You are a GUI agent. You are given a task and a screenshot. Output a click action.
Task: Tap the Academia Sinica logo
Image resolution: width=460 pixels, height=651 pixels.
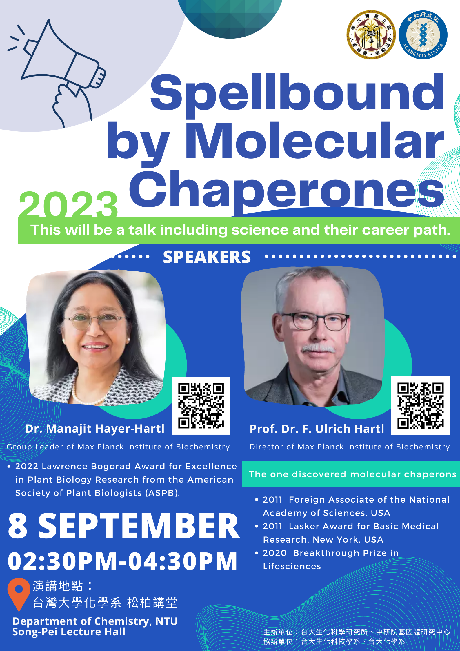click(423, 35)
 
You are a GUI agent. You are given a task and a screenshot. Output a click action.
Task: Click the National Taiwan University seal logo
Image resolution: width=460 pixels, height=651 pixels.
click(371, 35)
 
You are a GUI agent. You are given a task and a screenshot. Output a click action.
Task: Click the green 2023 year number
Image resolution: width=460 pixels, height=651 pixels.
click(68, 204)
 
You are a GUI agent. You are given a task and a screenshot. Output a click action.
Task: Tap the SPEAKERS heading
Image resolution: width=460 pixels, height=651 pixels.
click(207, 257)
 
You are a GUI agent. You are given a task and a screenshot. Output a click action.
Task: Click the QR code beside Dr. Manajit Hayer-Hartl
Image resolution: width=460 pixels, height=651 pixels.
click(201, 405)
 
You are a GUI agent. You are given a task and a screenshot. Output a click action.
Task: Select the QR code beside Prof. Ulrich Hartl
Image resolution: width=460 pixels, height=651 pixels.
click(420, 405)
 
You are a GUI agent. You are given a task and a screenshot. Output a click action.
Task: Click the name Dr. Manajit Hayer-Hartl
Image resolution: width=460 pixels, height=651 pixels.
click(95, 429)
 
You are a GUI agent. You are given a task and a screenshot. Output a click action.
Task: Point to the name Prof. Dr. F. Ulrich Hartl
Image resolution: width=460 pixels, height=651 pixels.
click(317, 429)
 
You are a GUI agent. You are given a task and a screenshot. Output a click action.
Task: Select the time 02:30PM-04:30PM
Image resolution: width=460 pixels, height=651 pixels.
click(122, 561)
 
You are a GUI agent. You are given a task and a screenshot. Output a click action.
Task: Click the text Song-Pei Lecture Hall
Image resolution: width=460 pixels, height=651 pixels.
click(69, 632)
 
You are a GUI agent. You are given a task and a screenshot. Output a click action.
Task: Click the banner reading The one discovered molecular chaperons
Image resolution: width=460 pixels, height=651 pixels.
click(351, 474)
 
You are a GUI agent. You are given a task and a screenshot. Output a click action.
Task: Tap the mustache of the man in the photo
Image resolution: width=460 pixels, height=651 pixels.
click(318, 349)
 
